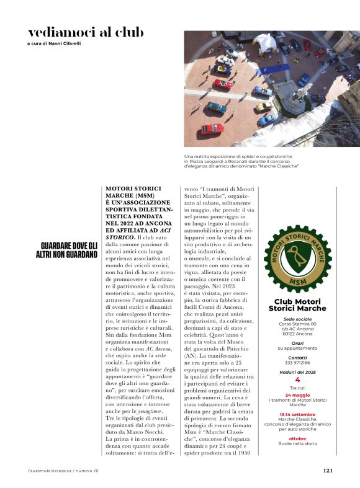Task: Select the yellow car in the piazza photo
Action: pyautogui.click(x=263, y=106)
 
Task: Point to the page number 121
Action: pyautogui.click(x=328, y=470)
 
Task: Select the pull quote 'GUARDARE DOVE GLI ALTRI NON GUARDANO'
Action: pyautogui.click(x=66, y=250)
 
